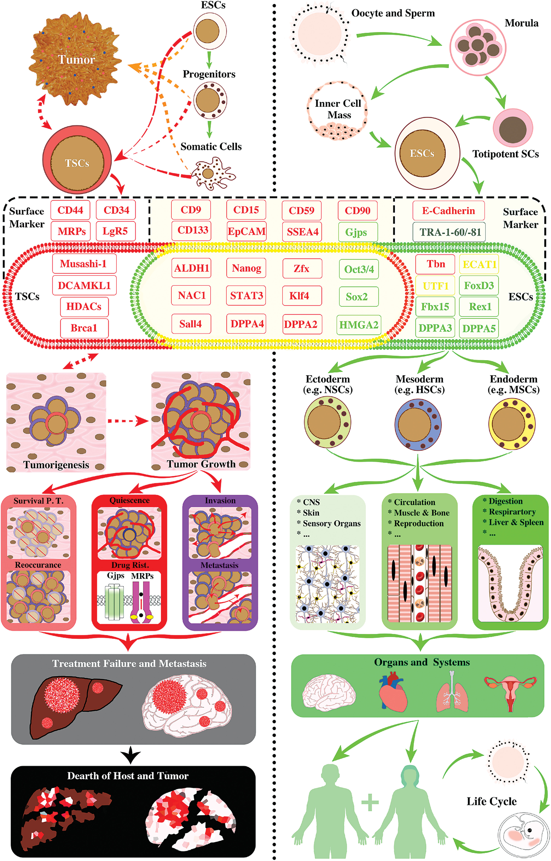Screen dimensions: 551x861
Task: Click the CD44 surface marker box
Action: pyautogui.click(x=70, y=210)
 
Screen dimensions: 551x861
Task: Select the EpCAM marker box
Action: pyautogui.click(x=246, y=231)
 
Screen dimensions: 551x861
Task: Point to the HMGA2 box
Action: pyautogui.click(x=359, y=325)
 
